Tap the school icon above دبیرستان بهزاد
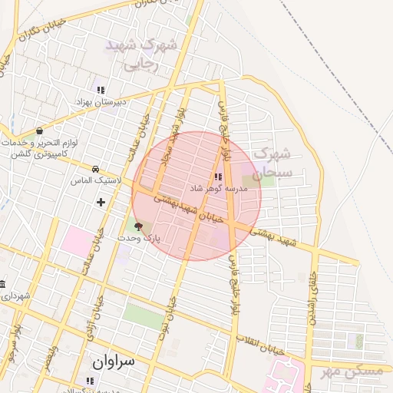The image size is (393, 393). (x=97, y=85)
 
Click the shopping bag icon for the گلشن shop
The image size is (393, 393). (x=39, y=131)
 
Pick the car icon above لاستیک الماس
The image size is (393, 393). (x=95, y=168)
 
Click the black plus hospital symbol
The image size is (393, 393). (x=101, y=202)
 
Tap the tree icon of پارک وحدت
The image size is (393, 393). (x=138, y=226)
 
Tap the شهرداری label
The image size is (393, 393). (x=15, y=295)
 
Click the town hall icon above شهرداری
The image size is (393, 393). (x=2, y=284)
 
